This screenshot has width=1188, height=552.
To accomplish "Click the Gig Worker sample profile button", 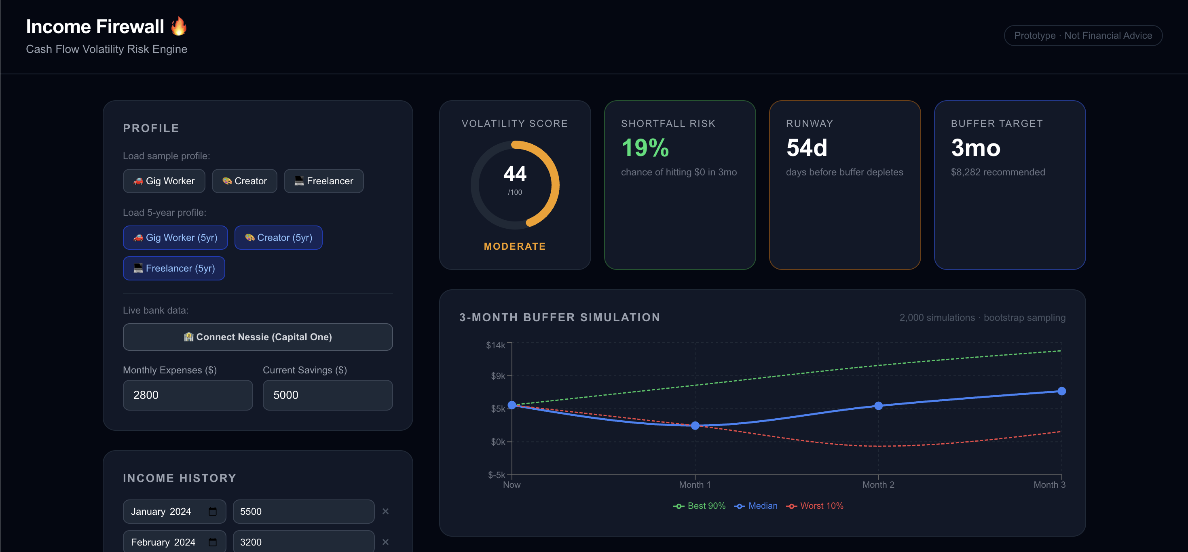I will coord(164,181).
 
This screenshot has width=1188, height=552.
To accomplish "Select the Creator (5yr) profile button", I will coord(278,238).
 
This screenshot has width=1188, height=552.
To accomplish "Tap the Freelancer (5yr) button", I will coord(174,268).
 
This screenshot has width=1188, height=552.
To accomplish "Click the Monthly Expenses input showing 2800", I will coord(188,395).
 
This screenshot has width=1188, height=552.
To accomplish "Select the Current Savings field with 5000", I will coord(328,395).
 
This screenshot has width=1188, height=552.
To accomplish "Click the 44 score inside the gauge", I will coord(515,174).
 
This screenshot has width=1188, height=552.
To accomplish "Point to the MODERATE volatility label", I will coord(515,247).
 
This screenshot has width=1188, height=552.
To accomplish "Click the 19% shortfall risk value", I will coord(645,148).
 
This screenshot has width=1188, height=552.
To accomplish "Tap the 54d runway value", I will coord(807,148).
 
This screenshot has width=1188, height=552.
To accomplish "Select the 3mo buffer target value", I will coord(975,148).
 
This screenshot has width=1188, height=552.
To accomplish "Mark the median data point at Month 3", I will coord(1061,391).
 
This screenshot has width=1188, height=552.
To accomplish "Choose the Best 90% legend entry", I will coord(700,506).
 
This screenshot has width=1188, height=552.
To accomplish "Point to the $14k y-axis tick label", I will coord(495,345).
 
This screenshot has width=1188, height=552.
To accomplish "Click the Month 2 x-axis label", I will coord(878,485).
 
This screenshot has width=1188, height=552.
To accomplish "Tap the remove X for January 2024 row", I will coord(385,512).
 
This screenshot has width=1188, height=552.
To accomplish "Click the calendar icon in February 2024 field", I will coord(213,542).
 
